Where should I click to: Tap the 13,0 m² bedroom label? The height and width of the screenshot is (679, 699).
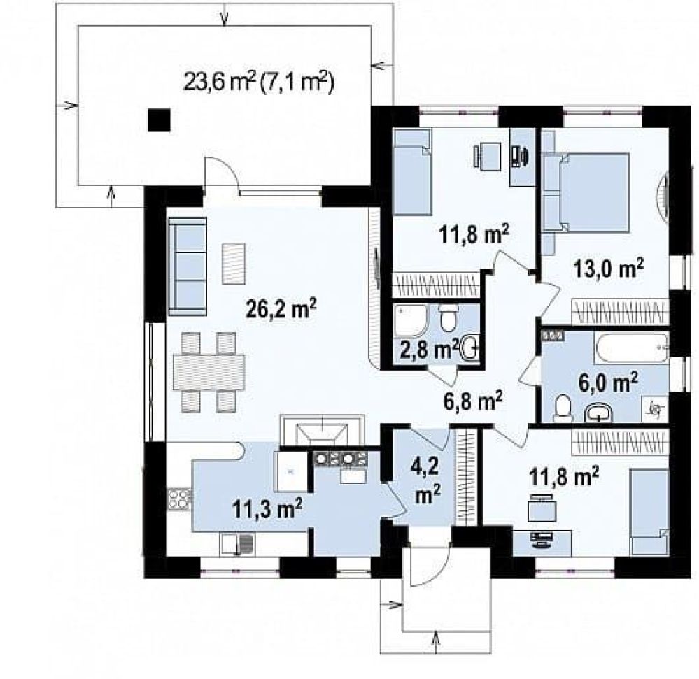[609, 269]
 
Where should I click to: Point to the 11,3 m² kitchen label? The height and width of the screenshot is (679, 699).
[267, 508]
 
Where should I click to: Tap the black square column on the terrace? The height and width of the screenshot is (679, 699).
[159, 120]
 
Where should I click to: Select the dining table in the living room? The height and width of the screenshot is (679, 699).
[209, 372]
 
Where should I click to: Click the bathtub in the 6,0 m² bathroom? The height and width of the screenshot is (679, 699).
[631, 348]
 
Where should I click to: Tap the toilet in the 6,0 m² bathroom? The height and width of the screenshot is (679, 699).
[563, 408]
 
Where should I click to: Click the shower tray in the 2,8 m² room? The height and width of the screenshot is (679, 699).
[411, 320]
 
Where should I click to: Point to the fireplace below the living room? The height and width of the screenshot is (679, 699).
[322, 430]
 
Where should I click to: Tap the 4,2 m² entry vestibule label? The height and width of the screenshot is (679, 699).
[427, 481]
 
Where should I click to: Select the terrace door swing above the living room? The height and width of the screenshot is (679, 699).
[220, 176]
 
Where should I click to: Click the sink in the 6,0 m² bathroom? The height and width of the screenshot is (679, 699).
[598, 412]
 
